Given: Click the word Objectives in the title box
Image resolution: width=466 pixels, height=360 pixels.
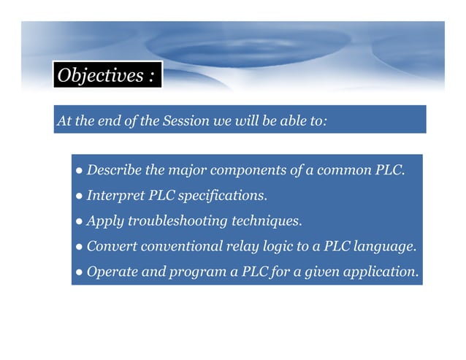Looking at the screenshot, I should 100,76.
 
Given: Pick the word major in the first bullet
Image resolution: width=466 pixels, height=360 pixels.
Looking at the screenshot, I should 183,171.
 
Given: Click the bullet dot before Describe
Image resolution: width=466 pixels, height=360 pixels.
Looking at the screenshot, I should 78,172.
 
